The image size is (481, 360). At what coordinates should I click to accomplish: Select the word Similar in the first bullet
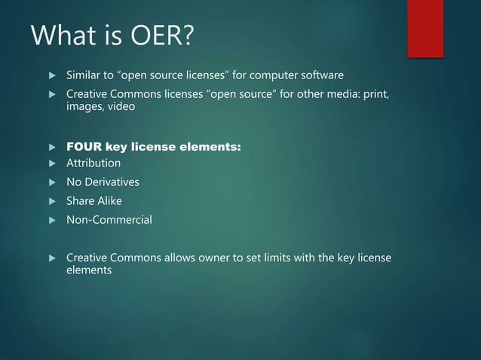(85, 76)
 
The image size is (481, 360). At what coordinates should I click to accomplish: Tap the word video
(120, 108)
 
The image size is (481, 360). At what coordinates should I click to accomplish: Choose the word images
(84, 108)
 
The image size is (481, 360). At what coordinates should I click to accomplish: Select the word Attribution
(93, 163)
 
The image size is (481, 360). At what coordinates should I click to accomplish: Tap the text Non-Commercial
(109, 220)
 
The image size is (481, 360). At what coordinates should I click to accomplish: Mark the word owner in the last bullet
(229, 258)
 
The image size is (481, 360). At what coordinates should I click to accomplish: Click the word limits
(293, 258)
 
